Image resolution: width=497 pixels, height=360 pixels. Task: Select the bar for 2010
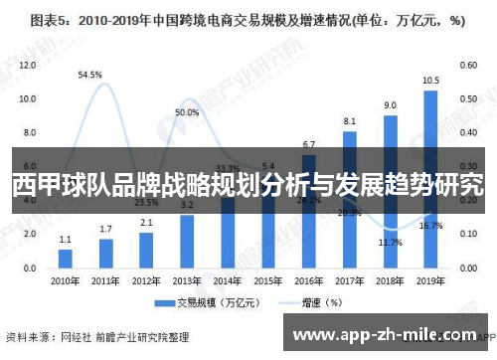66,257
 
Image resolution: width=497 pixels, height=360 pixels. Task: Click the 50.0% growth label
187,112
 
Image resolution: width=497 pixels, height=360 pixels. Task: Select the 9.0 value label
391,104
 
